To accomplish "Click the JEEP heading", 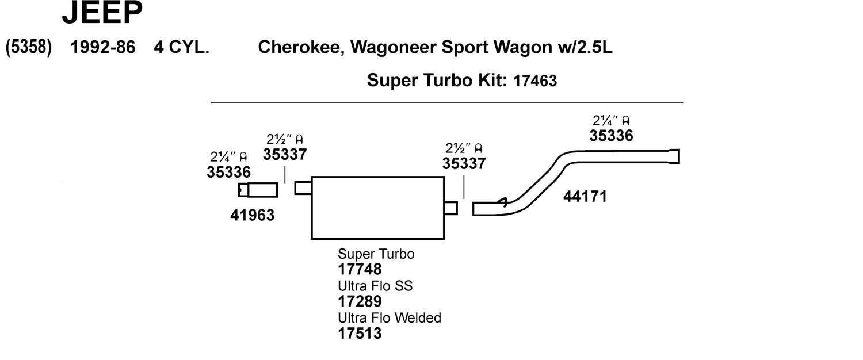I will click(x=102, y=14).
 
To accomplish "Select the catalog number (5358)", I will click(x=29, y=47).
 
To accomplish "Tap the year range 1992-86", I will click(x=102, y=47).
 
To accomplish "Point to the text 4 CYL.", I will click(x=181, y=47).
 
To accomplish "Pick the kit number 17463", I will click(x=534, y=81).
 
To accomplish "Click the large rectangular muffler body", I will click(x=377, y=208).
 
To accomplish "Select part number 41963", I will click(x=252, y=215).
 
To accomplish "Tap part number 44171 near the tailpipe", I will click(x=585, y=197).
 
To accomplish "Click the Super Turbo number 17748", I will click(x=360, y=269).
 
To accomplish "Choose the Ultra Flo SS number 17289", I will click(x=360, y=301).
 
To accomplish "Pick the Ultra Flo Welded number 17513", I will click(x=360, y=333).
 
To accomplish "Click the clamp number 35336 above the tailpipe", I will click(x=610, y=136).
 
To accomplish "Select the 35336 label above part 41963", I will click(x=228, y=172).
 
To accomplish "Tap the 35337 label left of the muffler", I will click(x=285, y=154).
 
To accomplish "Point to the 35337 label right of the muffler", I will click(x=464, y=163).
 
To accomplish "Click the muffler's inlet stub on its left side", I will click(x=303, y=188).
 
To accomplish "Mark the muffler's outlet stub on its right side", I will click(x=451, y=208).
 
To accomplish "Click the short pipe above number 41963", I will click(x=258, y=190).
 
